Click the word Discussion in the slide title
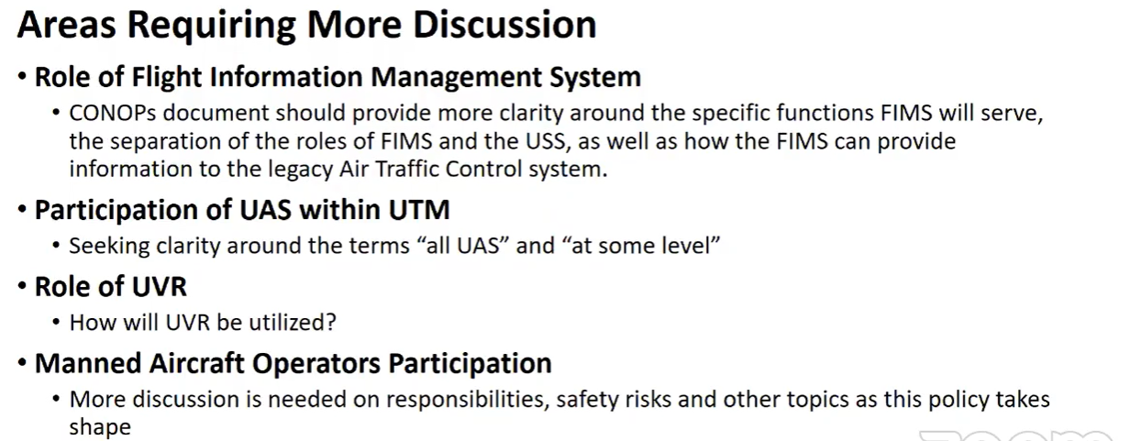[x=504, y=24]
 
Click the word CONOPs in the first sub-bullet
[x=113, y=113]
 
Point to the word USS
[x=548, y=141]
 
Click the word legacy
[x=300, y=170]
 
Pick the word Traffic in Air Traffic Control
[x=407, y=169]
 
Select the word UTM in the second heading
[x=418, y=210]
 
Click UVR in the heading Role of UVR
[x=159, y=287]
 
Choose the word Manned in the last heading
[x=88, y=363]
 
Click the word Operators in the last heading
[x=316, y=364]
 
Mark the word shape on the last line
[x=100, y=427]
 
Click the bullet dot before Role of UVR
[x=22, y=286]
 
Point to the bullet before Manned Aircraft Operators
[x=22, y=362]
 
